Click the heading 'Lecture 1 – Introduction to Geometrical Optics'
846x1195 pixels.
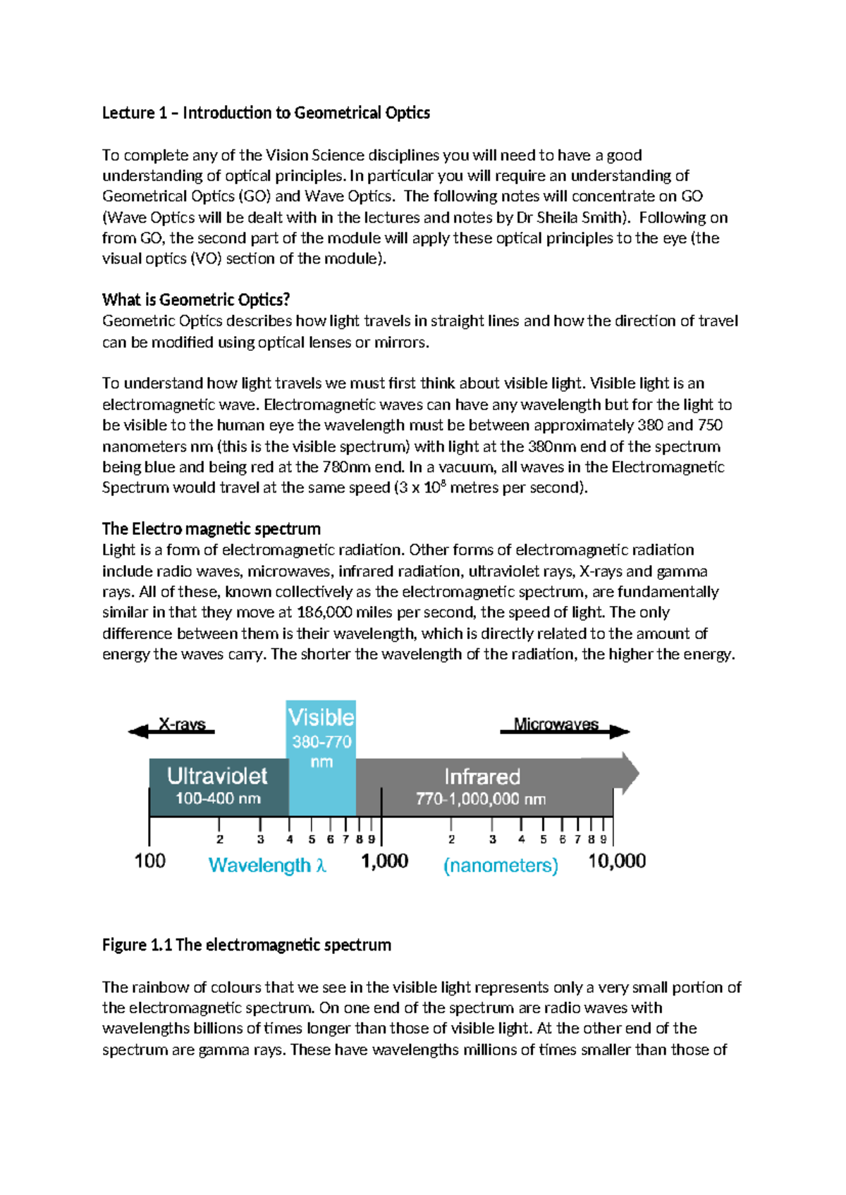pyautogui.click(x=266, y=113)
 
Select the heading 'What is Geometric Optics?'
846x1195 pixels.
pyautogui.click(x=196, y=299)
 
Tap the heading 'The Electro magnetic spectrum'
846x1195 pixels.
pyautogui.click(x=211, y=528)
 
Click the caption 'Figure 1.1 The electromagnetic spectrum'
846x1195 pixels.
pyautogui.click(x=246, y=944)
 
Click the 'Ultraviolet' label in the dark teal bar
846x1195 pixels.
pyautogui.click(x=217, y=776)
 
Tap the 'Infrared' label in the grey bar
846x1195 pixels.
pyautogui.click(x=482, y=776)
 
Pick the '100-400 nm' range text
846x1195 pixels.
pyautogui.click(x=218, y=799)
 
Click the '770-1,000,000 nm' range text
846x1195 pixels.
pyautogui.click(x=481, y=799)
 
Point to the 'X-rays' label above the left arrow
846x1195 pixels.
pyautogui.click(x=182, y=724)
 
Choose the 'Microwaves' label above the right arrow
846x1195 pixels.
pyautogui.click(x=556, y=724)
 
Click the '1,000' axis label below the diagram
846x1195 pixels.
pyautogui.click(x=384, y=861)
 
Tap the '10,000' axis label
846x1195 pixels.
pyautogui.click(x=617, y=861)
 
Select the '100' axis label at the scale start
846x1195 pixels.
pyautogui.click(x=150, y=861)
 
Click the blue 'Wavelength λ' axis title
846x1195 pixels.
pyautogui.click(x=267, y=865)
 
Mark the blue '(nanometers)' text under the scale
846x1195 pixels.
pyautogui.click(x=501, y=865)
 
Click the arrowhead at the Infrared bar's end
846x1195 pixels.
pyautogui.click(x=629, y=773)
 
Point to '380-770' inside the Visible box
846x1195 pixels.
pyautogui.click(x=321, y=741)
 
